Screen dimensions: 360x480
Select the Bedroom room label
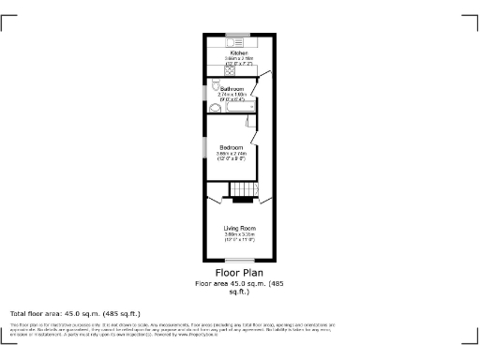click(x=232, y=148)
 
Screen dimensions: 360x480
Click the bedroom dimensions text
click(x=232, y=157)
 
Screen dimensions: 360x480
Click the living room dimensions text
click(x=239, y=237)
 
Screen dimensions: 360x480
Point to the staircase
click(x=243, y=190)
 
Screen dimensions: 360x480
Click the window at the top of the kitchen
click(x=239, y=36)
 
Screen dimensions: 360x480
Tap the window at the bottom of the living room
click(x=240, y=261)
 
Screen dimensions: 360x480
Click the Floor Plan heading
click(x=239, y=274)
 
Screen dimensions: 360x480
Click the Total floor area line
click(x=75, y=313)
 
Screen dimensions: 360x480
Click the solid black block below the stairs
click(x=242, y=201)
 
